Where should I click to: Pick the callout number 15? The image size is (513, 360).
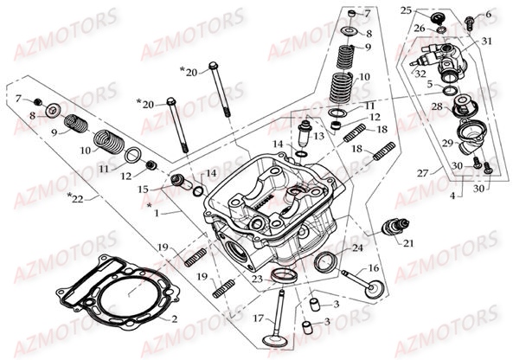[144, 189]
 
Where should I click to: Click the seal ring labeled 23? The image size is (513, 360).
[282, 277]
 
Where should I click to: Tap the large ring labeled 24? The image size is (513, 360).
[327, 262]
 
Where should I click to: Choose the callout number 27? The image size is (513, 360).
[421, 173]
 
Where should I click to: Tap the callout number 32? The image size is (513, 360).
[420, 74]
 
